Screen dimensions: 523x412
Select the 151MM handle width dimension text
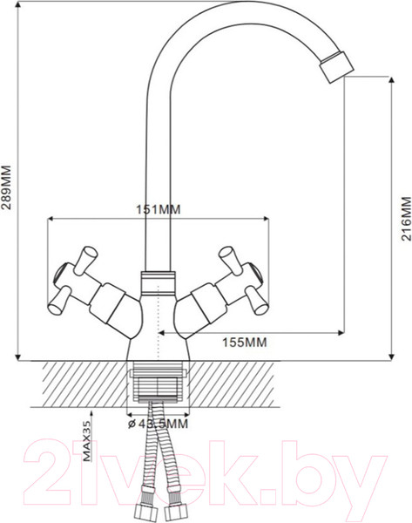pyautogui.click(x=158, y=209)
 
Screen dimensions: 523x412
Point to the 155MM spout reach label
pyautogui.click(x=240, y=343)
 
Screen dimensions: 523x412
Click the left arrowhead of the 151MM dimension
pyautogui.click(x=52, y=218)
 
